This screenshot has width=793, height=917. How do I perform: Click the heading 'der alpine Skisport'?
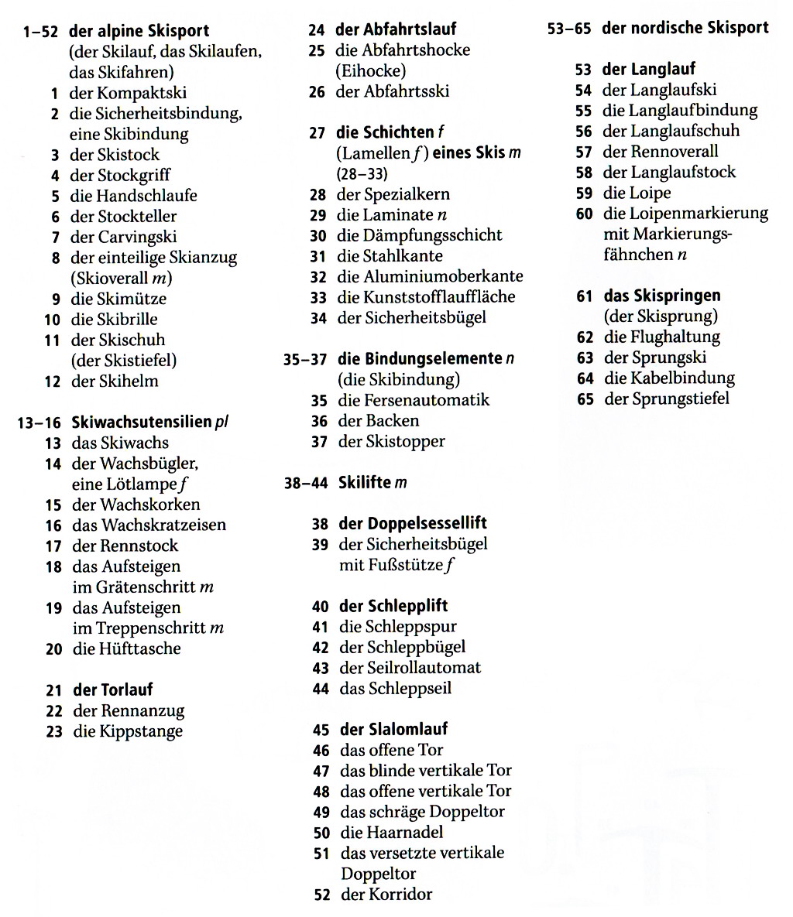tap(139, 32)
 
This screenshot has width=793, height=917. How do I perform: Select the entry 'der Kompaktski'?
tap(129, 93)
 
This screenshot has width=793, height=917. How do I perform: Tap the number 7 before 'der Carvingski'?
tap(55, 238)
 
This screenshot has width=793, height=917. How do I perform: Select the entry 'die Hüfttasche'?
tap(127, 648)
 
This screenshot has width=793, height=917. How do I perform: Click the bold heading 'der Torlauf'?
tap(113, 689)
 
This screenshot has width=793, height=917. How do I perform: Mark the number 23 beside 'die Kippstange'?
tap(53, 731)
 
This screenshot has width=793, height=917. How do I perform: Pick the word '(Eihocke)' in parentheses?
tap(370, 70)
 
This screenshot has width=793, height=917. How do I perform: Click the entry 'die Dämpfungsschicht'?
tap(420, 235)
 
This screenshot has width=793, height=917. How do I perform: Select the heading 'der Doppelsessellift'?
tap(413, 523)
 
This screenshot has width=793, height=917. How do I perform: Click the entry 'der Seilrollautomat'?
tap(410, 668)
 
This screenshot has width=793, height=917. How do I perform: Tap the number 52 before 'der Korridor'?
tap(321, 895)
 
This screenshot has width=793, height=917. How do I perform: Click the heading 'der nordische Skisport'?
tap(685, 29)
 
